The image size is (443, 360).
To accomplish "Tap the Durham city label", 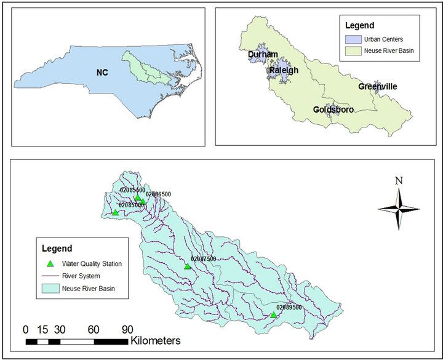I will [263, 55].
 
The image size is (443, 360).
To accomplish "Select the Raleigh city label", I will [284, 71].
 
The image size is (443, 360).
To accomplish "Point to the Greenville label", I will [378, 87].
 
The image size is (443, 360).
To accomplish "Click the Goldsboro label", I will [333, 110].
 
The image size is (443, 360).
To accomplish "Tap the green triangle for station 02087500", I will [188, 266].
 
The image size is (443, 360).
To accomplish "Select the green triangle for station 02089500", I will [273, 315].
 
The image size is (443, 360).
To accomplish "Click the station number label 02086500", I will [158, 194].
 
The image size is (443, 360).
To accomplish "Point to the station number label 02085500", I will [132, 190].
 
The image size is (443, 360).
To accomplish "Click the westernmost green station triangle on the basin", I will [115, 213].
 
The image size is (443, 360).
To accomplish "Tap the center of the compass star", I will [399, 209].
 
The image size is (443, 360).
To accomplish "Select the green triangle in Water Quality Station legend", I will [50, 264].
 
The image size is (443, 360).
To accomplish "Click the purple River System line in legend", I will [50, 276].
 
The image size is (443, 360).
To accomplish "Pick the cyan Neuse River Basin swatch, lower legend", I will [50, 287].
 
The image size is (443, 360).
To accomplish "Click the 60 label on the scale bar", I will [94, 329].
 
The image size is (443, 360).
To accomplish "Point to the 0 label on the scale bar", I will [26, 329].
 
